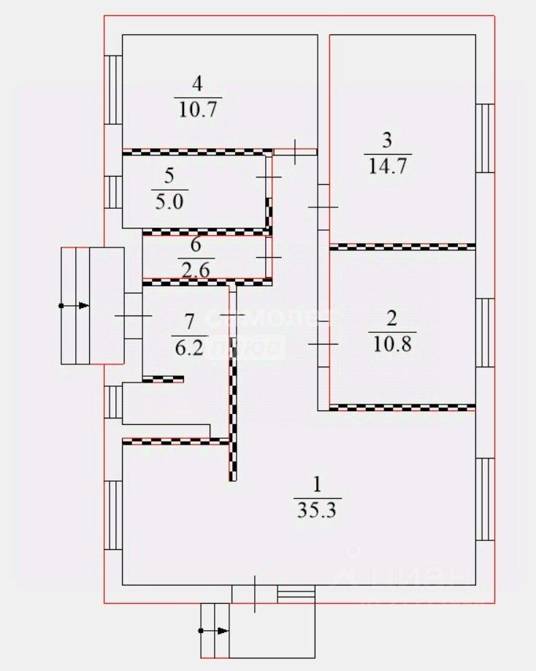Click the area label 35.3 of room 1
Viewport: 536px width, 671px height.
pos(317,509)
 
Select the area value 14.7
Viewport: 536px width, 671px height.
pos(387,165)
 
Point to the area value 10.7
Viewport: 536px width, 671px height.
pos(199,110)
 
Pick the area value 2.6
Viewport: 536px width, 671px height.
pos(194,269)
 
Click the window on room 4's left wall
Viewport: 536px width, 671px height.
pos(113,89)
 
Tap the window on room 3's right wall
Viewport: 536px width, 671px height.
pos(485,138)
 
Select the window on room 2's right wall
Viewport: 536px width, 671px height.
pos(485,333)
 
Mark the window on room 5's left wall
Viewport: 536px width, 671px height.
pos(113,193)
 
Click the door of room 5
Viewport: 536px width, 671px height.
pos(269,178)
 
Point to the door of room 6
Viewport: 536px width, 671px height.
pos(269,258)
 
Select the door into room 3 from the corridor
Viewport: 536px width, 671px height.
pos(323,208)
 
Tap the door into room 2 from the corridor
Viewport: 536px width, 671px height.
pos(323,343)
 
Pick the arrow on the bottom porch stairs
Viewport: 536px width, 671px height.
pos(215,630)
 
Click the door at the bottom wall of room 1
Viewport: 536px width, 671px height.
pos(255,594)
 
